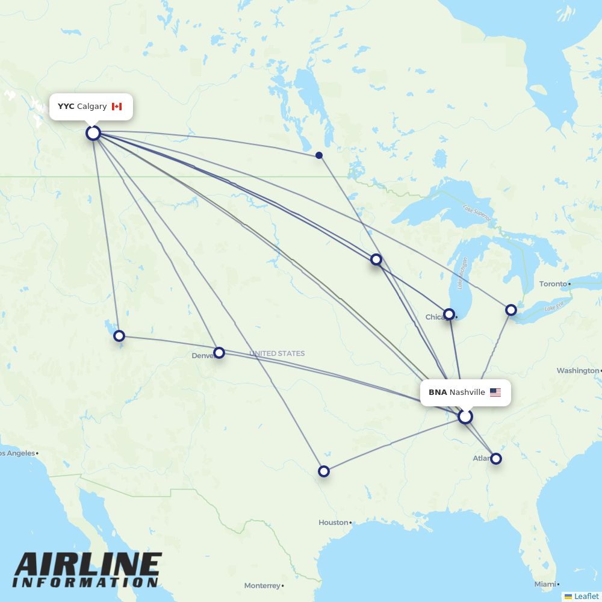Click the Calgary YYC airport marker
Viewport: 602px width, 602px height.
pyautogui.click(x=93, y=132)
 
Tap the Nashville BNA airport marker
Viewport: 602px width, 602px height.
pyautogui.click(x=465, y=417)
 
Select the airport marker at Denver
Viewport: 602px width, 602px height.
pyautogui.click(x=219, y=352)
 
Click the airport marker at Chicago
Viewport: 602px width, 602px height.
pyautogui.click(x=449, y=314)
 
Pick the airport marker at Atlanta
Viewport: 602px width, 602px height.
pyautogui.click(x=495, y=459)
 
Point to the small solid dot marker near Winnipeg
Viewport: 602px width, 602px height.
pyautogui.click(x=319, y=155)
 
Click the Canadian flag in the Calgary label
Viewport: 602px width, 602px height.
pyautogui.click(x=117, y=107)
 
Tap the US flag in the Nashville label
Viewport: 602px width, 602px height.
pyautogui.click(x=495, y=393)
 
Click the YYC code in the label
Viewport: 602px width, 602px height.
pyautogui.click(x=66, y=107)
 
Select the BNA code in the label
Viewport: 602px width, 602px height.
pyautogui.click(x=438, y=393)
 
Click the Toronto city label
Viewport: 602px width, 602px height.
pyautogui.click(x=553, y=284)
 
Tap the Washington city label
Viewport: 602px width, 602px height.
pyautogui.click(x=577, y=371)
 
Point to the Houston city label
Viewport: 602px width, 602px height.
pyautogui.click(x=333, y=523)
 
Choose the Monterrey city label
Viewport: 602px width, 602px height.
pyautogui.click(x=262, y=586)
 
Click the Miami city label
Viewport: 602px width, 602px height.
pyautogui.click(x=545, y=585)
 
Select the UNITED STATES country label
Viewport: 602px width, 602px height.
pyautogui.click(x=277, y=353)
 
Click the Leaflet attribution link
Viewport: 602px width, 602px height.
pyautogui.click(x=586, y=597)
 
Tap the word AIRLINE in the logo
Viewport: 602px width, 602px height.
pyautogui.click(x=88, y=566)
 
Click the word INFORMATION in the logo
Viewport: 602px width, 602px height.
pyautogui.click(x=85, y=583)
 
